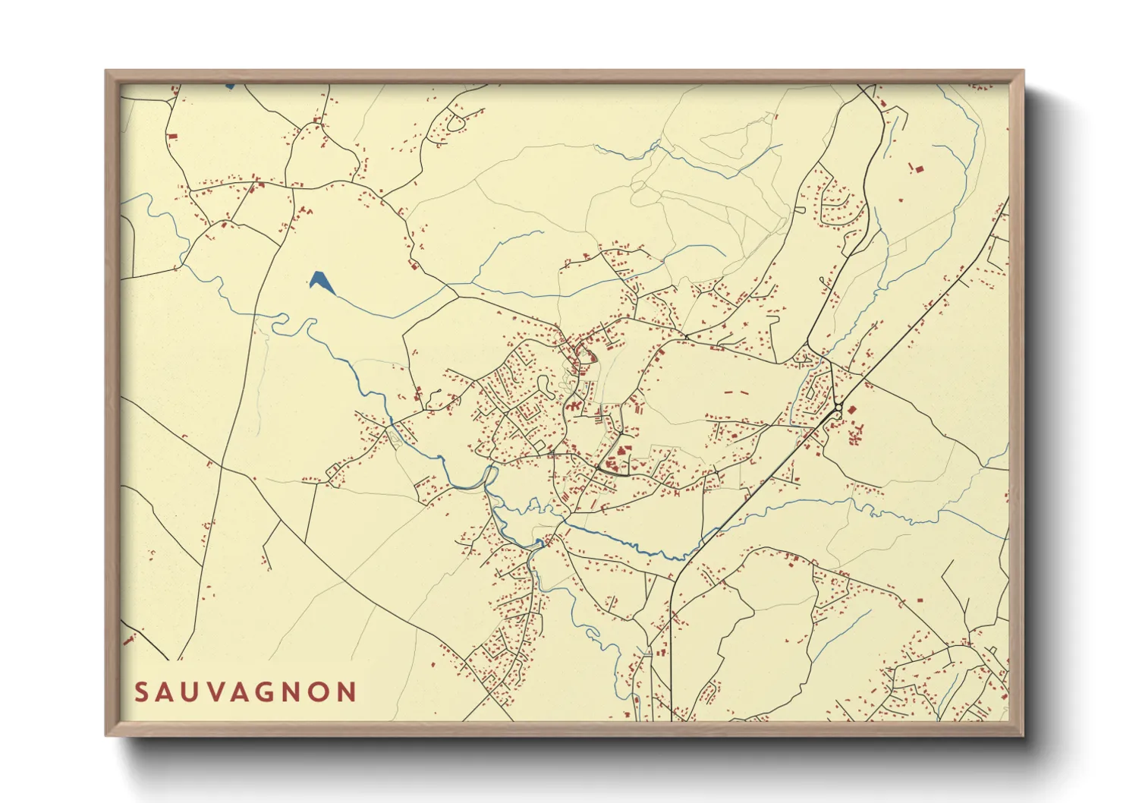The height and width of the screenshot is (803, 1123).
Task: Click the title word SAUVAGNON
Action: pos(246,692)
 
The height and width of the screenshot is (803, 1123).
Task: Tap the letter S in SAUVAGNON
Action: pos(141,692)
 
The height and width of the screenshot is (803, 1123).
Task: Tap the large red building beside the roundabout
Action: pos(851,410)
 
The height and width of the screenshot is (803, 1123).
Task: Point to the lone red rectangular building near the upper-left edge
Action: pos(172,137)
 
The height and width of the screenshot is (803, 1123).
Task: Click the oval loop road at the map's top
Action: pos(455,122)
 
